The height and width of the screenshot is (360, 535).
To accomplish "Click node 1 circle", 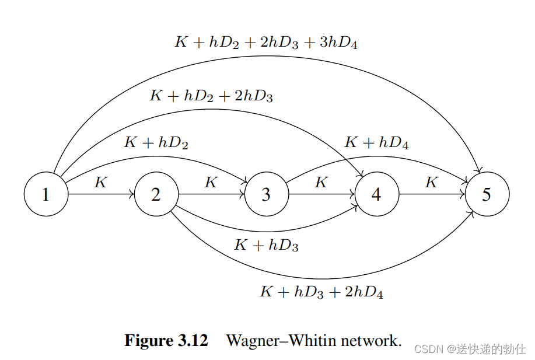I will pos(46,194).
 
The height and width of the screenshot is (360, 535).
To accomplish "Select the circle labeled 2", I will pos(156,194).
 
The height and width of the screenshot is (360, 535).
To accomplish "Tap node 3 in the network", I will pos(267,194).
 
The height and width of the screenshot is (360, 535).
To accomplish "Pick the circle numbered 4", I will pos(377,194).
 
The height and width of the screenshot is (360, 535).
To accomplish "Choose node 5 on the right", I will pos(487,194).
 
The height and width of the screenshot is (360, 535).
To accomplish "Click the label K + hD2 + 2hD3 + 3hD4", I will pos(266,43).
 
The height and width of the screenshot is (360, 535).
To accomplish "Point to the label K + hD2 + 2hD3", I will pos(211,96).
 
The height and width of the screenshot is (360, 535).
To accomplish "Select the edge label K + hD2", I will pos(156,142).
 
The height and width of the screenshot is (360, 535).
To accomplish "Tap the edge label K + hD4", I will pos(376,142).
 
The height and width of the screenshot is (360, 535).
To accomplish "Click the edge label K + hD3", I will pos(266,246).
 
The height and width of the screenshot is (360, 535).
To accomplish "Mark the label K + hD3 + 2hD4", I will pos(321,292).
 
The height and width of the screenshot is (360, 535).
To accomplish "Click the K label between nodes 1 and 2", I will pos(101,183).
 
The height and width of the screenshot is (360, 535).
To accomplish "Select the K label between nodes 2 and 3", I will pos(211,183).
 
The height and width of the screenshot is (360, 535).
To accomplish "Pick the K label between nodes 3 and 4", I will pos(321,183).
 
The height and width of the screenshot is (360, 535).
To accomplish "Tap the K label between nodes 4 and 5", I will pos(432,183).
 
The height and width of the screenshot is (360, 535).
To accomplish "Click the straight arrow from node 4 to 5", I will pos(432,194).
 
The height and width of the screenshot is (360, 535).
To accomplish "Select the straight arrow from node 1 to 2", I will pos(101,194).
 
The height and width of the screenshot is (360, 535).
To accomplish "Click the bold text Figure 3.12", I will pos(166,341).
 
